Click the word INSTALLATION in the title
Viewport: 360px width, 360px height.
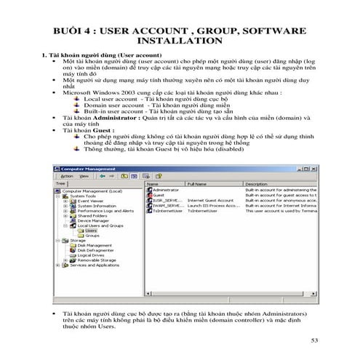[x=180, y=41]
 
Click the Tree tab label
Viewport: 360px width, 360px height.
[x=60, y=185]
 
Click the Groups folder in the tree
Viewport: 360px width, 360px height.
[x=92, y=236]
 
